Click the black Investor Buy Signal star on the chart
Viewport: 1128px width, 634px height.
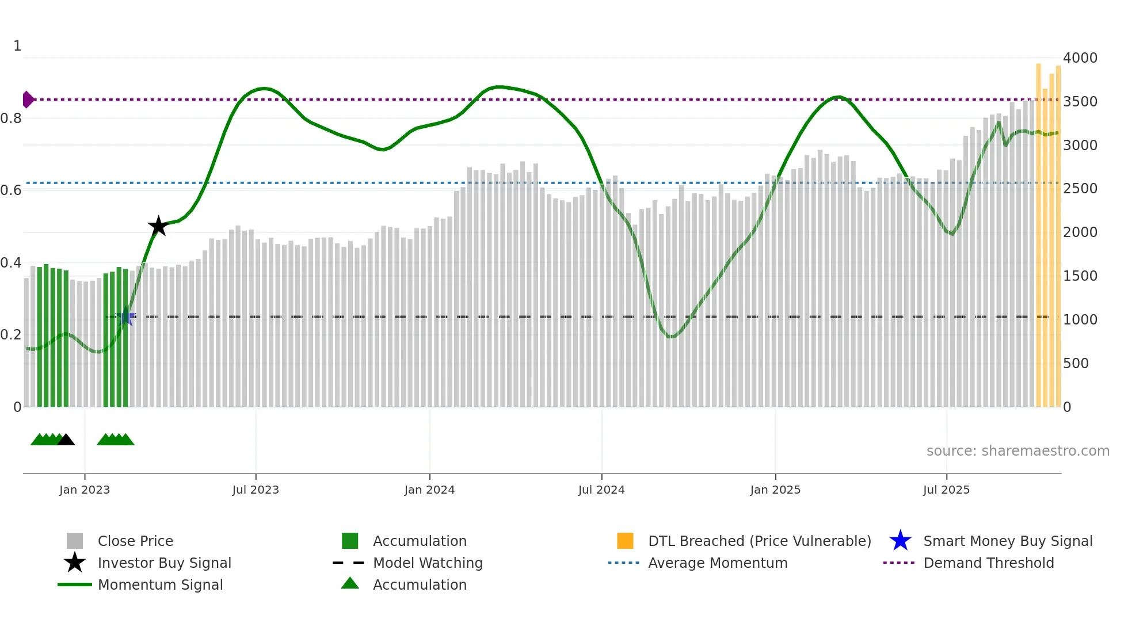click(x=158, y=226)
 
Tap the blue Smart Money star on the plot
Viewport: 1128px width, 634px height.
click(x=125, y=317)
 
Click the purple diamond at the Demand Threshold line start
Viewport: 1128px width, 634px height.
click(x=28, y=100)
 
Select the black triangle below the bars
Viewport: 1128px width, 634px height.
click(x=66, y=440)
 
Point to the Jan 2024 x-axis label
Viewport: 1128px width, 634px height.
click(x=429, y=490)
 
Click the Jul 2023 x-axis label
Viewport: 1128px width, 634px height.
click(x=256, y=490)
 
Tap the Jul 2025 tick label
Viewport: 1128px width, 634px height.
click(x=946, y=490)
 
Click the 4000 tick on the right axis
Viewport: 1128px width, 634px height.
click(x=1080, y=58)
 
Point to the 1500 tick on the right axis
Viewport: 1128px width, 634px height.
click(x=1080, y=276)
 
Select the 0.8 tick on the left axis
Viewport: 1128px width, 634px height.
click(x=11, y=119)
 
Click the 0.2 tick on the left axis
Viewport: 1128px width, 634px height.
click(x=11, y=335)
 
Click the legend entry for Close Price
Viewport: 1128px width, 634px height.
click(x=135, y=541)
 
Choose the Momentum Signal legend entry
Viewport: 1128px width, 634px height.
click(x=160, y=585)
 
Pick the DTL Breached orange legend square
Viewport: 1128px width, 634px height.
click(x=625, y=541)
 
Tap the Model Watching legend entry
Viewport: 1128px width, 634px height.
click(x=428, y=563)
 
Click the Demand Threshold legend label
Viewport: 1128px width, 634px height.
click(x=988, y=563)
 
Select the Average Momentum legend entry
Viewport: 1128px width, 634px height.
click(x=718, y=563)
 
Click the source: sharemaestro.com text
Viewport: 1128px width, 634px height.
click(x=1018, y=451)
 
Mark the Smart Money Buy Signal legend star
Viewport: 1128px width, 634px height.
click(x=900, y=541)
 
